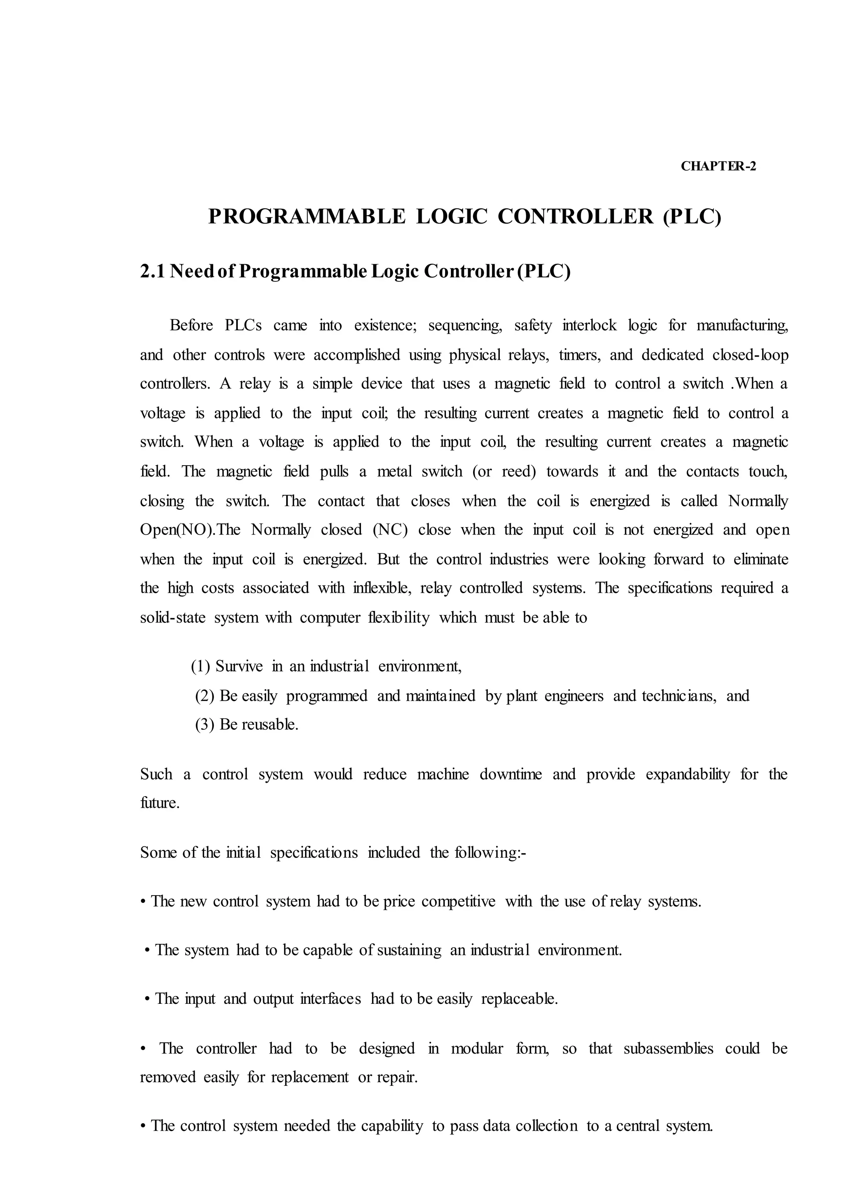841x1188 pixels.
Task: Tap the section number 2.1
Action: [x=152, y=271]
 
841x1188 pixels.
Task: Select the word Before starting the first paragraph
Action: [x=191, y=325]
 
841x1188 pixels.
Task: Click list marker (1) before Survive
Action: [x=200, y=667]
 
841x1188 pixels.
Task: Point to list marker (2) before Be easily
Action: [x=205, y=696]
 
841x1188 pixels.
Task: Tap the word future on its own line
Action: [x=159, y=803]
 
